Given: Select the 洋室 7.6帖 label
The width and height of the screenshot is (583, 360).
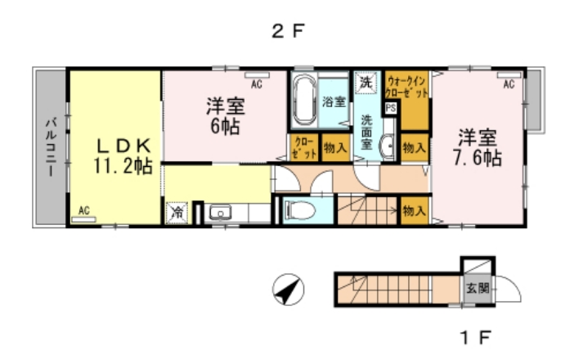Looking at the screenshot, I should pos(478,146).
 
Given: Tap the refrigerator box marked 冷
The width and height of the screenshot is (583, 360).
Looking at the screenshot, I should pos(177,212).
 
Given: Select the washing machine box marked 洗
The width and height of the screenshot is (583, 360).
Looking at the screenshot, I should pos(365,82).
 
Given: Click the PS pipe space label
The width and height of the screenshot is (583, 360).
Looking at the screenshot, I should pos(390,107).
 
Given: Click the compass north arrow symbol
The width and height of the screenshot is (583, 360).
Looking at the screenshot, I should pos(287,289).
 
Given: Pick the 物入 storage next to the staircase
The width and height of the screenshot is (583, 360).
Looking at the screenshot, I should pos(414,210).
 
